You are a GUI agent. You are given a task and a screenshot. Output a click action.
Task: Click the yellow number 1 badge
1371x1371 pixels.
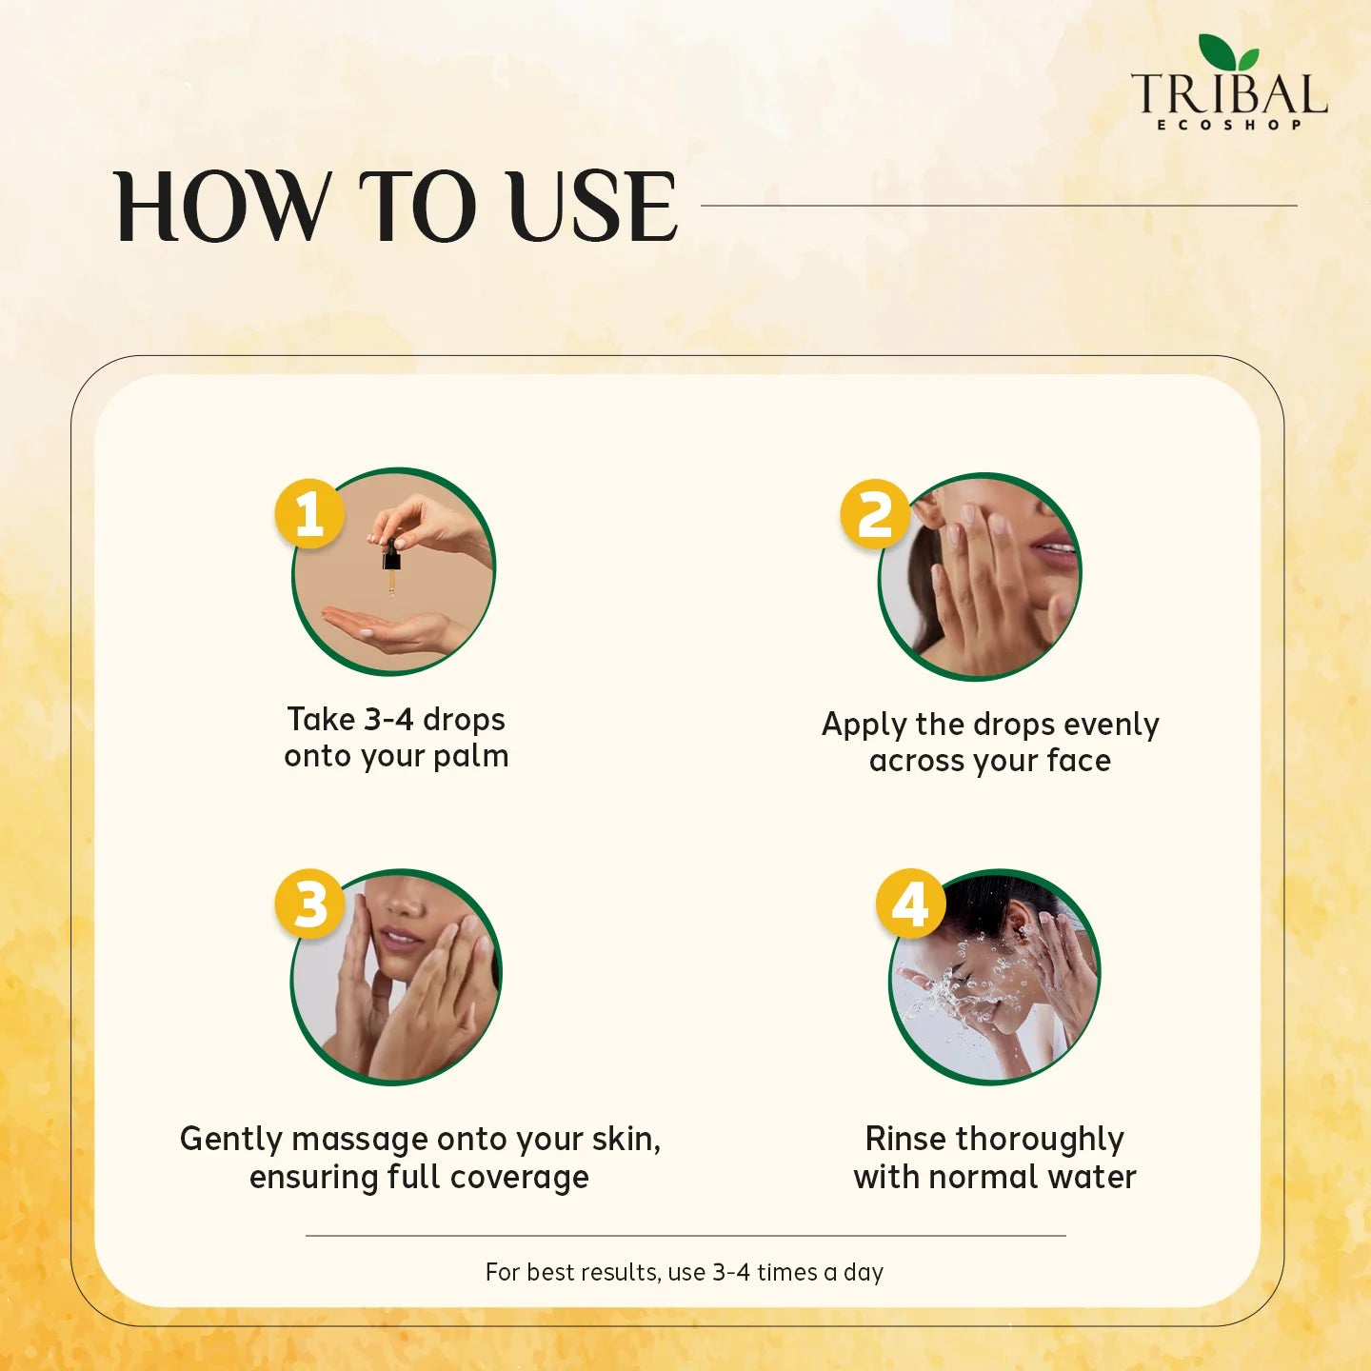click(309, 514)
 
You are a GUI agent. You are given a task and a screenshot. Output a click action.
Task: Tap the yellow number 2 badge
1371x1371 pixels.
click(874, 514)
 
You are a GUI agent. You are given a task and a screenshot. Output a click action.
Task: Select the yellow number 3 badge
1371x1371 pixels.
click(310, 904)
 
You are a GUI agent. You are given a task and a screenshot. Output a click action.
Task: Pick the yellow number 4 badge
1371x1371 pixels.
click(911, 904)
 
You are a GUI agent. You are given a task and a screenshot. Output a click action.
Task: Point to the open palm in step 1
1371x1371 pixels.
click(387, 629)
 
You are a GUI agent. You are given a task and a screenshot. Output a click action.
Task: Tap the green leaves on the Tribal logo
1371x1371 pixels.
click(1229, 52)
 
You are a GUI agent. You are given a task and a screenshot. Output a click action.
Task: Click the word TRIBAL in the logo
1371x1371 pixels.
click(1229, 94)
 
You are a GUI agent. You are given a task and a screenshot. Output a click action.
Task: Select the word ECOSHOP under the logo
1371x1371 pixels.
click(1229, 126)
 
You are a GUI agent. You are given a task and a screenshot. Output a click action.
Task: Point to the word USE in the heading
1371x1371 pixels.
click(592, 207)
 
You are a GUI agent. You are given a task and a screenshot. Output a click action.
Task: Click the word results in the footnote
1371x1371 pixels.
click(618, 1272)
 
